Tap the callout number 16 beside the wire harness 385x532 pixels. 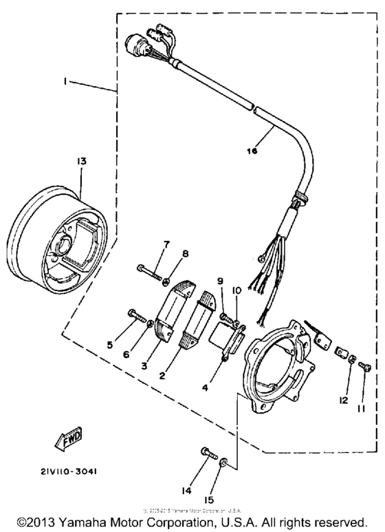click(x=252, y=151)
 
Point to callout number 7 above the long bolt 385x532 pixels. click(x=166, y=245)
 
